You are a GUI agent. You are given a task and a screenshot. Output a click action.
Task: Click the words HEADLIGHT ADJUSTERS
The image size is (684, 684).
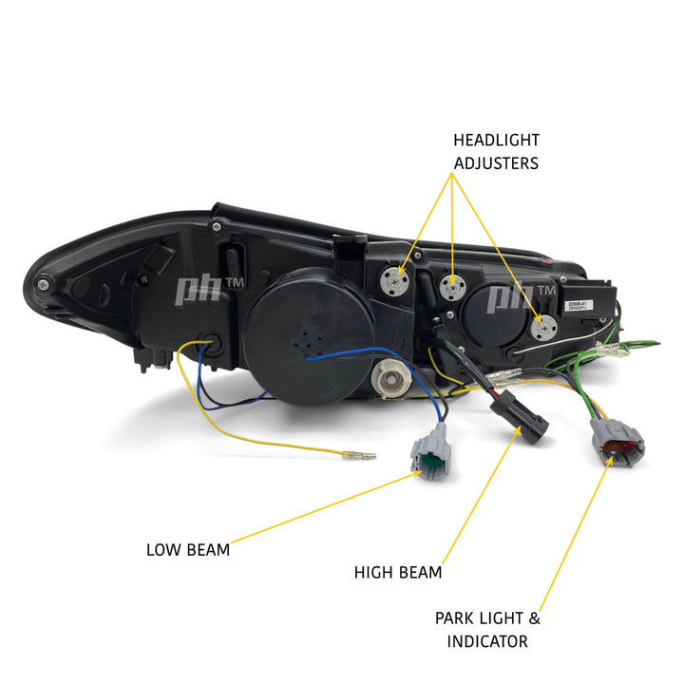[x=496, y=151]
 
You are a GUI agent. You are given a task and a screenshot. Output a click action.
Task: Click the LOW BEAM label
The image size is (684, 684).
[x=187, y=549]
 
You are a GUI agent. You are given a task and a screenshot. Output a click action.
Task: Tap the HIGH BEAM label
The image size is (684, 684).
[x=397, y=572]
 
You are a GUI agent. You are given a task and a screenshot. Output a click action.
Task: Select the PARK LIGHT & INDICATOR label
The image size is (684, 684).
[x=487, y=629]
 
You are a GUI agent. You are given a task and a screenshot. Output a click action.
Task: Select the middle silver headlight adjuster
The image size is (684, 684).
[x=454, y=283]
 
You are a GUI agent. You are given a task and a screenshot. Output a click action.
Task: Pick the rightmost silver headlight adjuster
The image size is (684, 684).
[x=541, y=328]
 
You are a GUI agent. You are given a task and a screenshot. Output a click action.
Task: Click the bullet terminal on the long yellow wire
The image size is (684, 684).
[x=362, y=455]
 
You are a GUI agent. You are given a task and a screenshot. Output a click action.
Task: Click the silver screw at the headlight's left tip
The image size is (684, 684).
[x=42, y=284]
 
